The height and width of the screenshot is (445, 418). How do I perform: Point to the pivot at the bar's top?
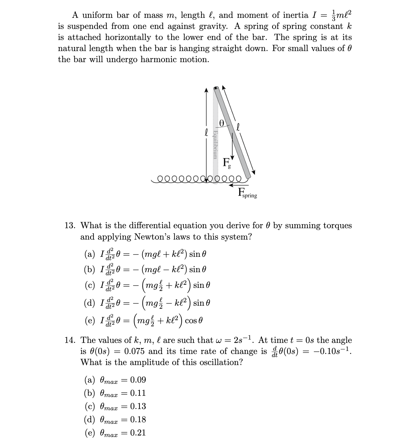tap(216, 88)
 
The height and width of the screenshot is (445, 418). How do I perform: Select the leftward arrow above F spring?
tap(235, 185)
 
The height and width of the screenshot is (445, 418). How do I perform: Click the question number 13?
tap(70, 226)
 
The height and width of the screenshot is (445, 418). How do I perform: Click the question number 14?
tap(70, 340)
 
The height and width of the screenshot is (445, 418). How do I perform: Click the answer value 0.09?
tap(138, 380)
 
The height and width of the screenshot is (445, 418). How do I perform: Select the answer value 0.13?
tap(138, 407)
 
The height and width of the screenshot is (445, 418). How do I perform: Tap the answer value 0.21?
tap(138, 433)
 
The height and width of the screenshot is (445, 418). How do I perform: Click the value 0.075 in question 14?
tap(135, 351)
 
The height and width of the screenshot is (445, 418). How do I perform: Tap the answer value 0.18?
tap(138, 420)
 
